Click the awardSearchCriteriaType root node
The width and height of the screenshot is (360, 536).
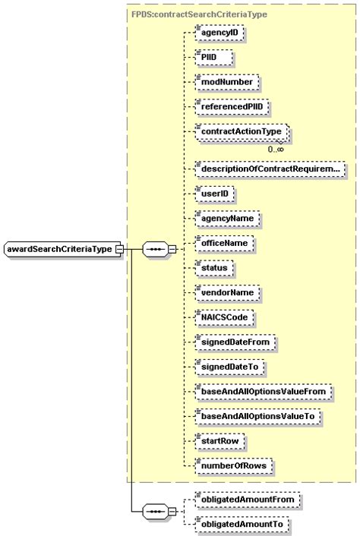60,249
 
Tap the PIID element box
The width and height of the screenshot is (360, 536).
212,57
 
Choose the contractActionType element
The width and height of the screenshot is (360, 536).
239,132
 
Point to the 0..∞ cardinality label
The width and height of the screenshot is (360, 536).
276,149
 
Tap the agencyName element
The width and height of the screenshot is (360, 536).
226,219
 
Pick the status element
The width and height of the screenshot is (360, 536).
213,268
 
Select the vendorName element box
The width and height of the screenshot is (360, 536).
226,292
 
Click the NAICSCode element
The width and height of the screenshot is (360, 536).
224,317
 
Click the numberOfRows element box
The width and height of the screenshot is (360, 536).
232,465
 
